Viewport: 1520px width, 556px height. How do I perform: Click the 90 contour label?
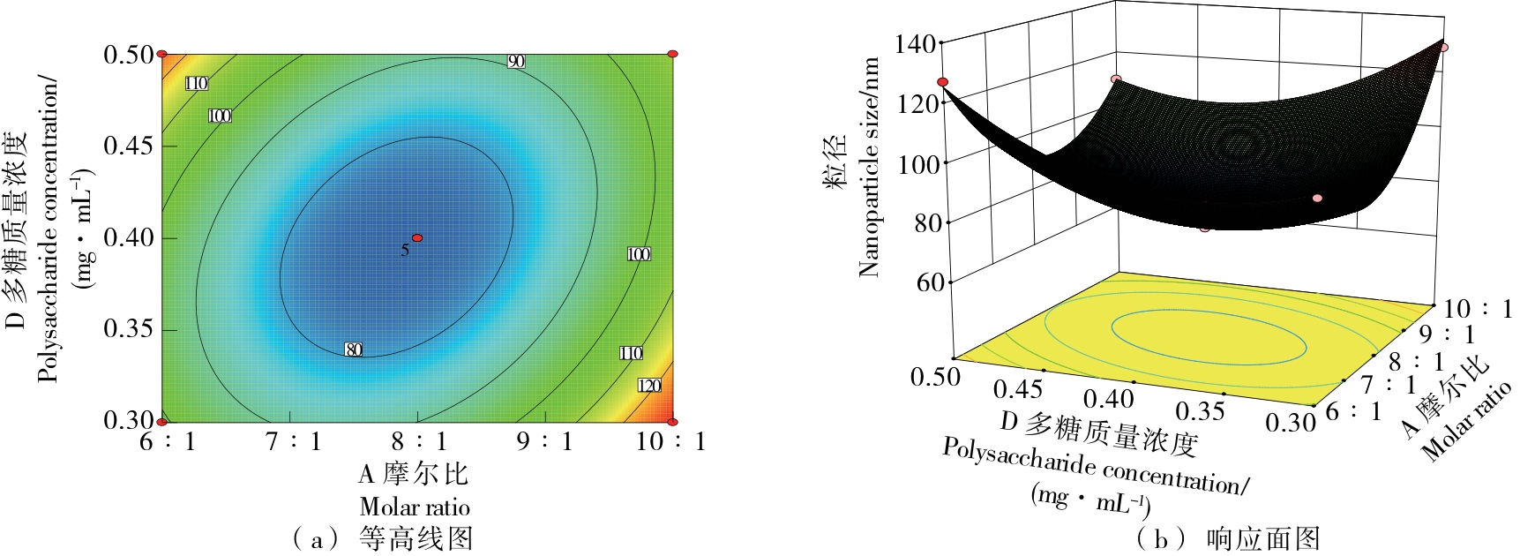pyautogui.click(x=516, y=61)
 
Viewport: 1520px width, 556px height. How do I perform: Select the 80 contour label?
pyautogui.click(x=354, y=349)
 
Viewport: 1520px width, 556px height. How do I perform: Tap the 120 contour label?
pyautogui.click(x=649, y=386)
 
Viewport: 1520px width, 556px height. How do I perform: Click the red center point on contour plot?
pyautogui.click(x=417, y=237)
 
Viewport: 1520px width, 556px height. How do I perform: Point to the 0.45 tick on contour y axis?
pyautogui.click(x=129, y=145)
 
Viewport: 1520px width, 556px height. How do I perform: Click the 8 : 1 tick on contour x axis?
pyautogui.click(x=419, y=440)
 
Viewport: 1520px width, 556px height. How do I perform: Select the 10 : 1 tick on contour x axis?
pyautogui.click(x=671, y=440)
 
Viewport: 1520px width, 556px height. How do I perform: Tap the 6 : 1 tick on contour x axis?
pyautogui.click(x=168, y=440)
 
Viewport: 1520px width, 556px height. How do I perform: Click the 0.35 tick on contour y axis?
pyautogui.click(x=129, y=328)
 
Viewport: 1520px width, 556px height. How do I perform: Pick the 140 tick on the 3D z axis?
pyautogui.click(x=915, y=43)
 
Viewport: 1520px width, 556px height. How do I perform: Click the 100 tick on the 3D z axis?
pyautogui.click(x=917, y=163)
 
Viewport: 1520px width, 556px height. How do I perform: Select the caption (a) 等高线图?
pyautogui.click(x=382, y=538)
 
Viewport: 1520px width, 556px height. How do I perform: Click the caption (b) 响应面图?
pyautogui.click(x=1226, y=538)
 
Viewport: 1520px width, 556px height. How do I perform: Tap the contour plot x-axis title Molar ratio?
pyautogui.click(x=415, y=507)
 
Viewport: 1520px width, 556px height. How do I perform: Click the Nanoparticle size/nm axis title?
pyautogui.click(x=870, y=168)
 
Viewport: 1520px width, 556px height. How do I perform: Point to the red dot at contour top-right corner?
pyautogui.click(x=672, y=54)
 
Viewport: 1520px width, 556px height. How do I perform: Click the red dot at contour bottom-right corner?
pyautogui.click(x=672, y=422)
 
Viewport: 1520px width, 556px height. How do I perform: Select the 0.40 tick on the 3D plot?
pyautogui.click(x=1109, y=398)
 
